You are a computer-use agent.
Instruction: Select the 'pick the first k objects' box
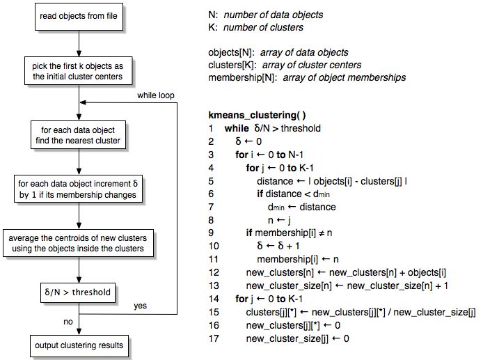coord(80,71)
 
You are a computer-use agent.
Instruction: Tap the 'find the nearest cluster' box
coord(80,135)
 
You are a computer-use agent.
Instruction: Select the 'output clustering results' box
coord(80,345)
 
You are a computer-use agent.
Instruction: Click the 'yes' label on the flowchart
coord(139,306)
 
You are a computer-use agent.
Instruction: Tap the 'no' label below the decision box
coord(68,322)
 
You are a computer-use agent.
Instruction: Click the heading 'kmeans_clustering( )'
coord(257,115)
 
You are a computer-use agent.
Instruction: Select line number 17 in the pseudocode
coord(213,339)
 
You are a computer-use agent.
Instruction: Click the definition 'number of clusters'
coord(264,28)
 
